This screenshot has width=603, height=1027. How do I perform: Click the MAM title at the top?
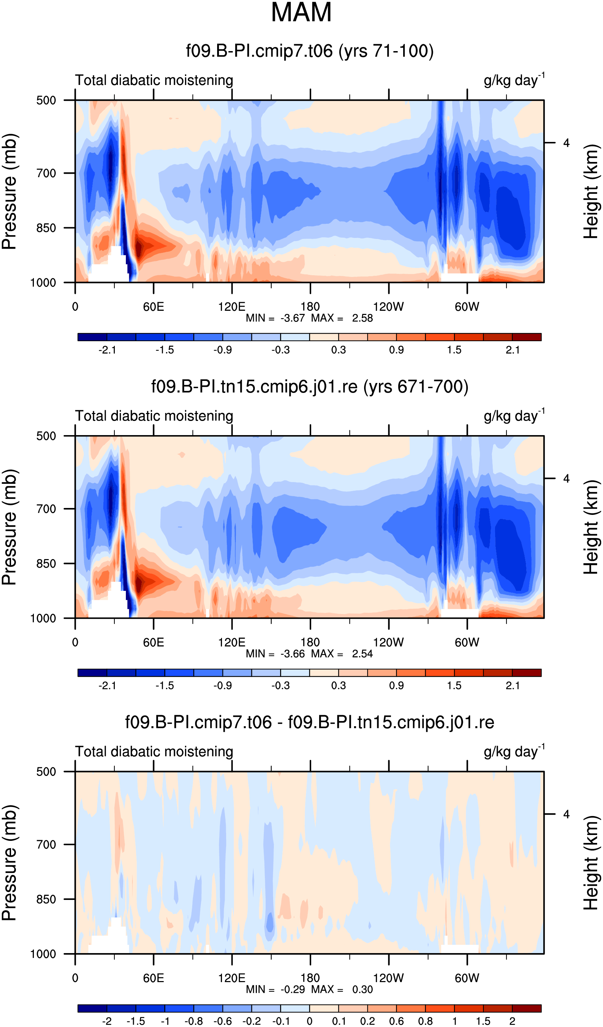(x=301, y=12)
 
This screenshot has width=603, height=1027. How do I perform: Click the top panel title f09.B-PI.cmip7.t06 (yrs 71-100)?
(x=310, y=51)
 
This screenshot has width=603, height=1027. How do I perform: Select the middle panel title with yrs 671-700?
(x=310, y=387)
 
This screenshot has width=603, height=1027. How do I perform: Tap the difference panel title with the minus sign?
(x=310, y=722)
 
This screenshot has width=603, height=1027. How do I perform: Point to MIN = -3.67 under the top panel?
(x=275, y=318)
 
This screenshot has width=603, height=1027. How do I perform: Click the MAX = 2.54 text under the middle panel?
(x=342, y=654)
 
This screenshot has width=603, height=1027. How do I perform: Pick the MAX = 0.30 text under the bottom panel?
(x=342, y=989)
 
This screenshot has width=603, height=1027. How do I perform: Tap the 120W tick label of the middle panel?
(x=388, y=643)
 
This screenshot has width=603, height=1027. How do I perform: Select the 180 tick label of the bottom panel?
(x=310, y=978)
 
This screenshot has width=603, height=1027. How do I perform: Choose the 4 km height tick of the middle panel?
(x=566, y=479)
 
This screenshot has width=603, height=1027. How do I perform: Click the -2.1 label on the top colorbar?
(x=107, y=350)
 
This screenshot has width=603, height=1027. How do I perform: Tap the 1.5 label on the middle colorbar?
(x=454, y=685)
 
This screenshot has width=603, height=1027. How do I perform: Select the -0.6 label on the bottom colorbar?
(x=223, y=1021)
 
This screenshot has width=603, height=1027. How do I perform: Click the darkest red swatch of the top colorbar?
(x=527, y=337)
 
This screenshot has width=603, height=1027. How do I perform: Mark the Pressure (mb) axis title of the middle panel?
(x=9, y=527)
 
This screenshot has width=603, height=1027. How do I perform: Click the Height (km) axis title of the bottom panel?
(x=591, y=863)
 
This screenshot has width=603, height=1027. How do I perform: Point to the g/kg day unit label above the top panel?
(x=514, y=80)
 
